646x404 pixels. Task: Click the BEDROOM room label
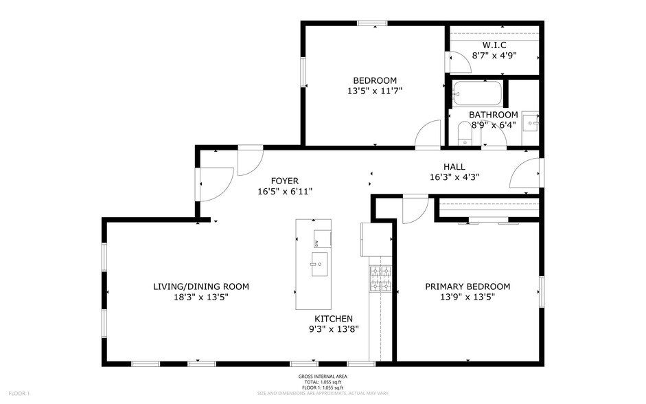(x=375, y=80)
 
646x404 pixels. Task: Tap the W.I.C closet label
(x=494, y=45)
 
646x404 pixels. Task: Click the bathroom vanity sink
(x=531, y=123)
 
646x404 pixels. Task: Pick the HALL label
(x=454, y=166)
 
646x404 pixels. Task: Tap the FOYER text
(x=284, y=181)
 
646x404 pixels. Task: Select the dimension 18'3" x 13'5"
(x=200, y=297)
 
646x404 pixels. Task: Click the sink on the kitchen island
(x=320, y=265)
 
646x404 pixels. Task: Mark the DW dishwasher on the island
(x=316, y=243)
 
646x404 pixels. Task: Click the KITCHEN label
(x=334, y=319)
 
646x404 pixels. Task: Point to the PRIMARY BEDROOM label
(x=468, y=287)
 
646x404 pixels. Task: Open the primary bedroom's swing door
(x=415, y=210)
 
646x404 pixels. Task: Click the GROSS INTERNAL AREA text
(x=322, y=377)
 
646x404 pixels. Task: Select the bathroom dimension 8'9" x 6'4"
(x=493, y=125)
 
